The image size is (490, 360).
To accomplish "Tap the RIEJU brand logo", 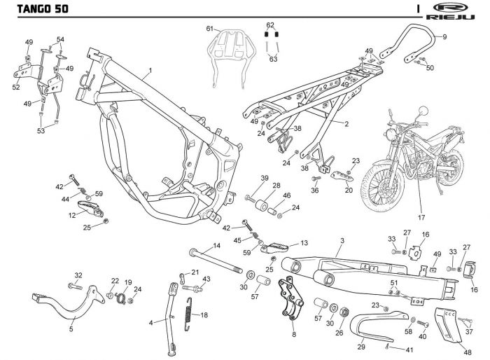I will point(456,8).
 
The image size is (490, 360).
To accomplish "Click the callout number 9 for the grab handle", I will point(444,36).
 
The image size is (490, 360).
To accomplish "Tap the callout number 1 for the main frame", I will point(149,71).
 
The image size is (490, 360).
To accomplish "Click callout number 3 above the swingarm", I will point(340,240).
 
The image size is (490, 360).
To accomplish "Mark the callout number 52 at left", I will point(16,88).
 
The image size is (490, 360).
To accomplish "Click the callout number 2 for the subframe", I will point(346,124).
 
